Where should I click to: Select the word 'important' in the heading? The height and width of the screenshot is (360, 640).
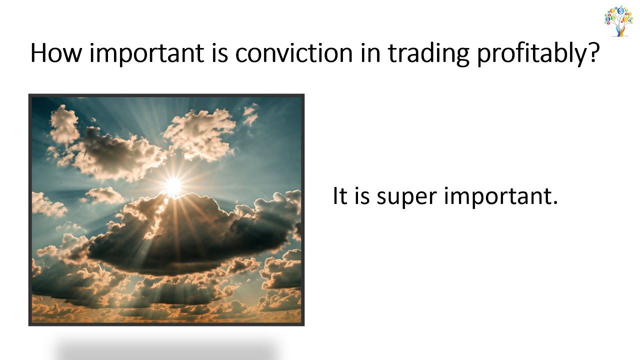tap(147, 53)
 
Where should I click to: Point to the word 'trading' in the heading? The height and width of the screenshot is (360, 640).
tap(428, 53)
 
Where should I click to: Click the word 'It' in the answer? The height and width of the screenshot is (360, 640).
tap(339, 196)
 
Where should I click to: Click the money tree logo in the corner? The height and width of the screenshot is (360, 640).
tap(618, 21)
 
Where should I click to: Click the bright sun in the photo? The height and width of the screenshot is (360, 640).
tap(173, 186)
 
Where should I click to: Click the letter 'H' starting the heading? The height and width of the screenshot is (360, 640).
tap(38, 52)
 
